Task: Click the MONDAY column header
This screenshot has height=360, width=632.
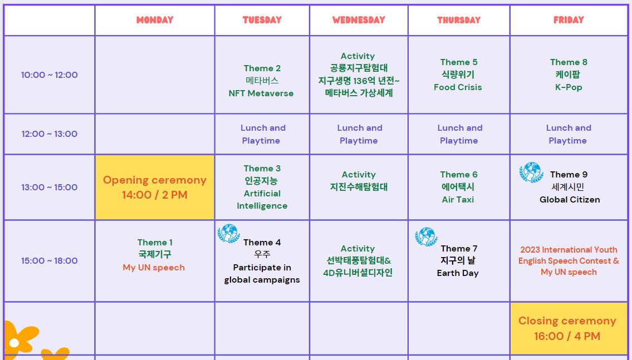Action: click(155, 19)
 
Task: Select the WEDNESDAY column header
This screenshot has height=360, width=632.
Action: click(359, 19)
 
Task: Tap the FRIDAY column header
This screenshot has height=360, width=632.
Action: click(569, 19)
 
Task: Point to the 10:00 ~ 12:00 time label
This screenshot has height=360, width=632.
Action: click(49, 75)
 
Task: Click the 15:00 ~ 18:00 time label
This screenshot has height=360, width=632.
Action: click(49, 261)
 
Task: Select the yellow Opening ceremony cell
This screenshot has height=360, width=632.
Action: click(155, 188)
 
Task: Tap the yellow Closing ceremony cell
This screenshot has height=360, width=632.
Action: click(569, 328)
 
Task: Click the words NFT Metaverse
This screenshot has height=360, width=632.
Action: click(261, 93)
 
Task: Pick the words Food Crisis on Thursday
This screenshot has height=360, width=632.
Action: click(458, 87)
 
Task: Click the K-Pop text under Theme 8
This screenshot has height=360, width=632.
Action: click(569, 87)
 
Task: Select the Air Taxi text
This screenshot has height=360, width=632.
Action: click(458, 200)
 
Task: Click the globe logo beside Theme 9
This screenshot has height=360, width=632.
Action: click(531, 172)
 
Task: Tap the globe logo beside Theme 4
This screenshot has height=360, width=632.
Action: click(229, 234)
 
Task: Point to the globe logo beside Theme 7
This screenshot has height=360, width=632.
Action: click(427, 237)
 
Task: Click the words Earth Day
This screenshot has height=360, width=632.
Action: click(458, 273)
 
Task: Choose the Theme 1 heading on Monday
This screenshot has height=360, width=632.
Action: click(155, 243)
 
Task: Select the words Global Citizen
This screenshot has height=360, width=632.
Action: click(570, 200)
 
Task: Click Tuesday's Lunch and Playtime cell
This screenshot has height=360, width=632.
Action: click(262, 134)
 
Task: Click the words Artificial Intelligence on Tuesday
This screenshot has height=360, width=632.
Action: click(262, 200)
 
